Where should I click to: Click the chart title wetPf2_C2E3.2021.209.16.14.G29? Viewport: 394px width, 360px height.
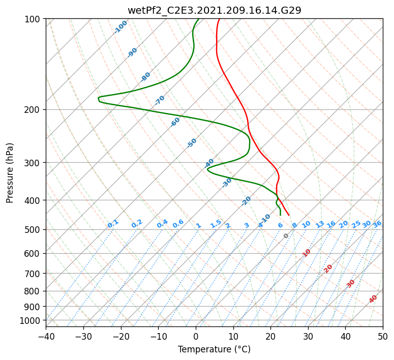[215, 10]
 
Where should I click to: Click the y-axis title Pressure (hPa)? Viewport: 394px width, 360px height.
[9, 173]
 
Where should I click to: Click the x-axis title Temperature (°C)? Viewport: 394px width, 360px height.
[215, 349]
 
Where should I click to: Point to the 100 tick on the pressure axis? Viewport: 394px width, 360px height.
[35, 19]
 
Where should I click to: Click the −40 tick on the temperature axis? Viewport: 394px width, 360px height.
[46, 336]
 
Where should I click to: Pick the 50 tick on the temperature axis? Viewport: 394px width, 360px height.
[383, 336]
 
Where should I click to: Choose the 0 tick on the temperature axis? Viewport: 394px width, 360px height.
[196, 336]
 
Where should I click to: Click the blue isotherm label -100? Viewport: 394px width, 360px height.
[120, 27]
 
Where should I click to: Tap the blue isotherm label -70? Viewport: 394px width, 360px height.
[159, 100]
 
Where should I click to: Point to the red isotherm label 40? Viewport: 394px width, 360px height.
[373, 299]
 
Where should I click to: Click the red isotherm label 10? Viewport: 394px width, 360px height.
[307, 253]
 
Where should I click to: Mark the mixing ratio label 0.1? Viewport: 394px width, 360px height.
[113, 224]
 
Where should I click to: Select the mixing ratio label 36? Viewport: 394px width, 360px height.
[377, 224]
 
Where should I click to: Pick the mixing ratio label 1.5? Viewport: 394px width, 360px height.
[216, 224]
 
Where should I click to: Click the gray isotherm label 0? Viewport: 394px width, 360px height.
[286, 236]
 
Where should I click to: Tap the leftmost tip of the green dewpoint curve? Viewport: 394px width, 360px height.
[98, 98]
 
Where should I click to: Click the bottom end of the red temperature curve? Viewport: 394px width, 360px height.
[289, 215]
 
